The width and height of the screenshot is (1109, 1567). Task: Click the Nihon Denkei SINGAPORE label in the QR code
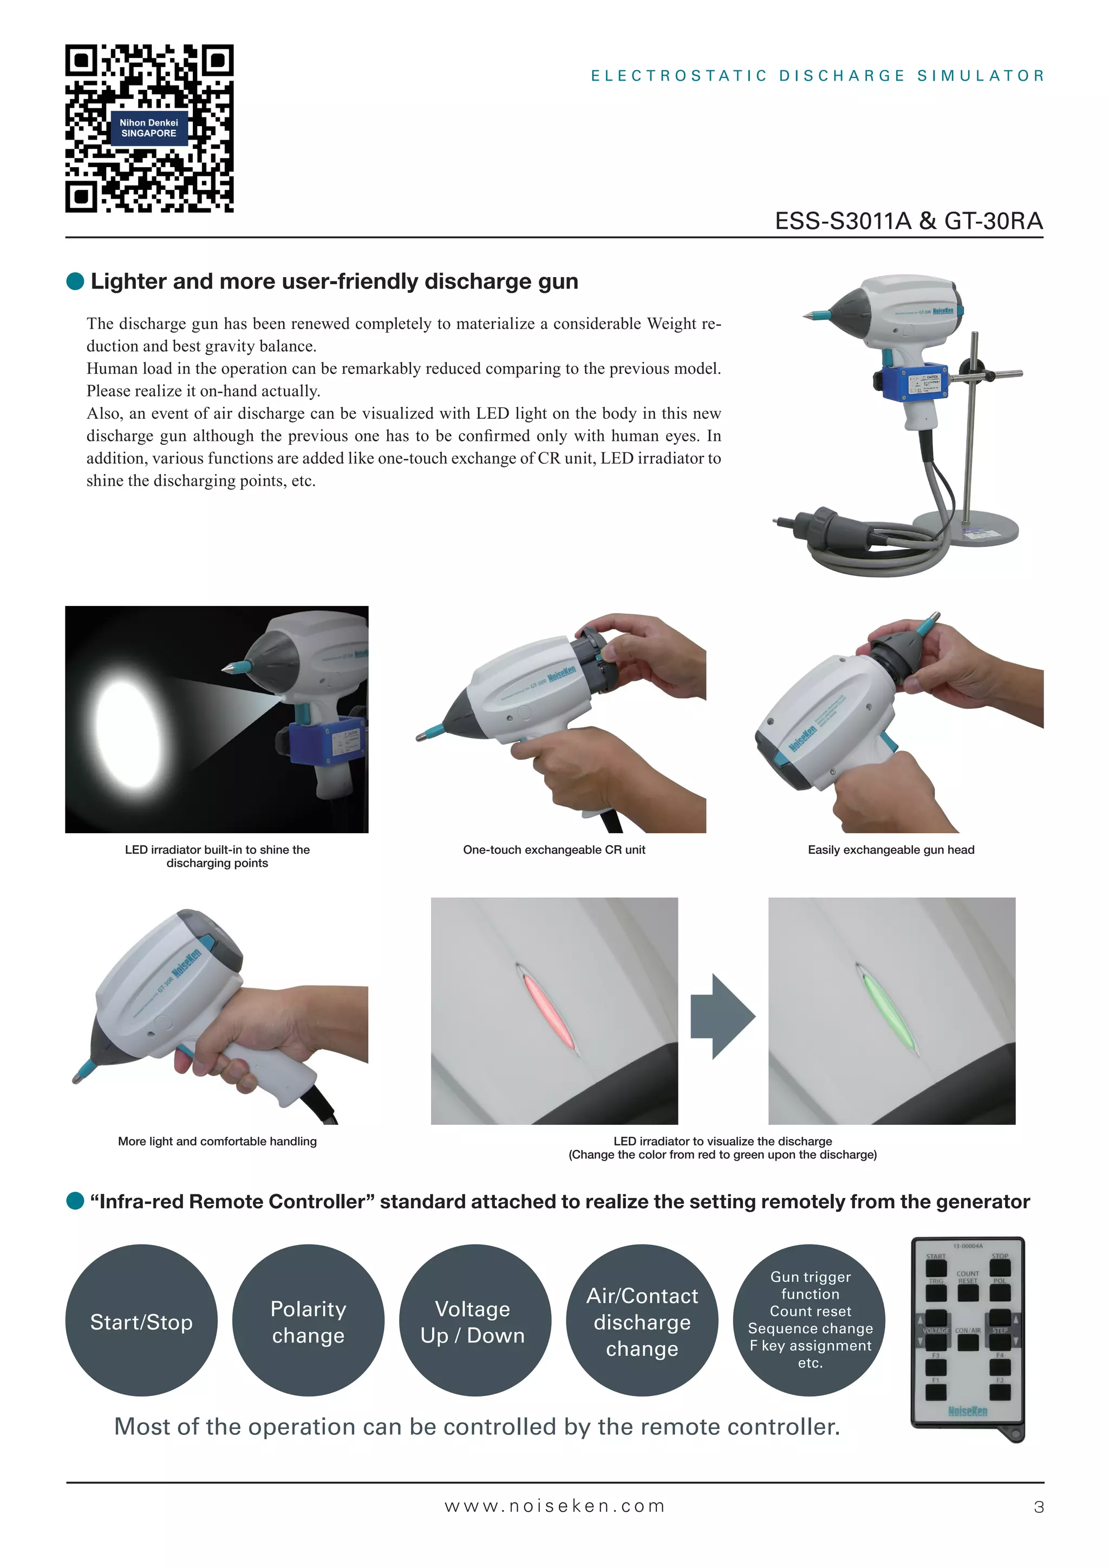(x=149, y=128)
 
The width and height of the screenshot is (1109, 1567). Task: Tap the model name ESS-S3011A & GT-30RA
(x=908, y=221)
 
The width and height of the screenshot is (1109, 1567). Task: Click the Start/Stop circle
(x=141, y=1322)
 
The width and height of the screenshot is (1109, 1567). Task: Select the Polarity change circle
(x=308, y=1322)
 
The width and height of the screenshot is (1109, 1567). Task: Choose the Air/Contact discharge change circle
(x=642, y=1322)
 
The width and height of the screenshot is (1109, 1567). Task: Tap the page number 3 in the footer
(x=1039, y=1507)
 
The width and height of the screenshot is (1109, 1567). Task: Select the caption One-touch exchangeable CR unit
(x=554, y=850)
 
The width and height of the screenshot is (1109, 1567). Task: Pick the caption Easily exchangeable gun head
(x=890, y=850)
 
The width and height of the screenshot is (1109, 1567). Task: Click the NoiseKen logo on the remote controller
(x=968, y=1411)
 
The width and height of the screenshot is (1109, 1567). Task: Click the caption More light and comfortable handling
(x=217, y=1141)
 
